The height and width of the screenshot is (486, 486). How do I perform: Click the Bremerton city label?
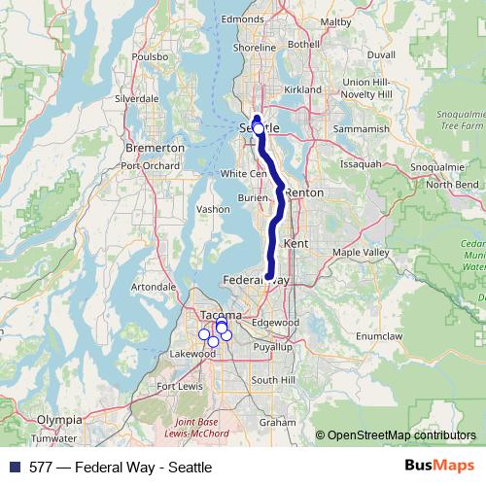point(156,148)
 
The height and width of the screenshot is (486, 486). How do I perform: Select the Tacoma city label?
point(215,317)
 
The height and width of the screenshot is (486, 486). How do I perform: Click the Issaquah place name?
point(360,164)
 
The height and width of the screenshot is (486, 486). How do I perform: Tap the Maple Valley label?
point(361,253)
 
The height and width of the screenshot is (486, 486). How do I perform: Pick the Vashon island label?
point(213,209)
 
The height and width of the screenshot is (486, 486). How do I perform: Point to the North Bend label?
point(452,184)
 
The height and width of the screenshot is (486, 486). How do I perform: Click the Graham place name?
point(277,423)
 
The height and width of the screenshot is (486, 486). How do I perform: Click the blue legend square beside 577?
point(15,467)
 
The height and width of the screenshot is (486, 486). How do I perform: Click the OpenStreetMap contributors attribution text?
point(401,435)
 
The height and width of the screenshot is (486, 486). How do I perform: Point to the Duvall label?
point(382,56)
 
